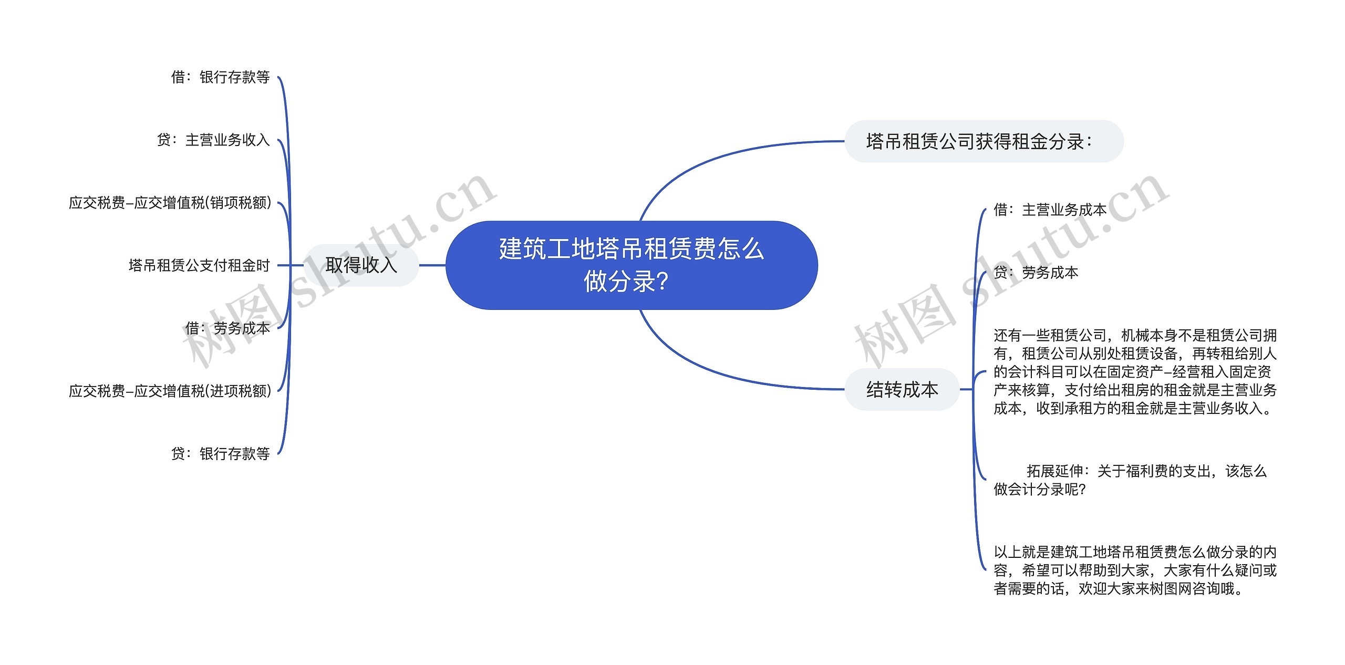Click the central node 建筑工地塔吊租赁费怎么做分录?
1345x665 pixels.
[x=631, y=265]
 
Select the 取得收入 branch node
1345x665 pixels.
[x=361, y=265]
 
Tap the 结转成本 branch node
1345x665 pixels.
[x=902, y=389]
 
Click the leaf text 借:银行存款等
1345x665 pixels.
[x=221, y=77]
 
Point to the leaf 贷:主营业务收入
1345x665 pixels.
[x=213, y=140]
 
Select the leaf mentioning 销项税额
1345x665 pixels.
[x=170, y=203]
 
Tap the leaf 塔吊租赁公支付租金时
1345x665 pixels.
[x=199, y=265]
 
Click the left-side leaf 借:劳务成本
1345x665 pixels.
[x=227, y=328]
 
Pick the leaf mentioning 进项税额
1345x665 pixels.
[x=170, y=391]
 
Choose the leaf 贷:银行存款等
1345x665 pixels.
[x=221, y=453]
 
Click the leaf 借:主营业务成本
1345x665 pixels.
[x=1050, y=210]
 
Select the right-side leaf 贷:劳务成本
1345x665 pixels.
[x=1036, y=272]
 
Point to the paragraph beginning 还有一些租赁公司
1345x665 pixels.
[x=1135, y=371]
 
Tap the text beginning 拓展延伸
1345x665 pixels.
[x=1130, y=480]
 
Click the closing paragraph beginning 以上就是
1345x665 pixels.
[x=1135, y=570]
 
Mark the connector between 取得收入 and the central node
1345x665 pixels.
[x=432, y=265]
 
